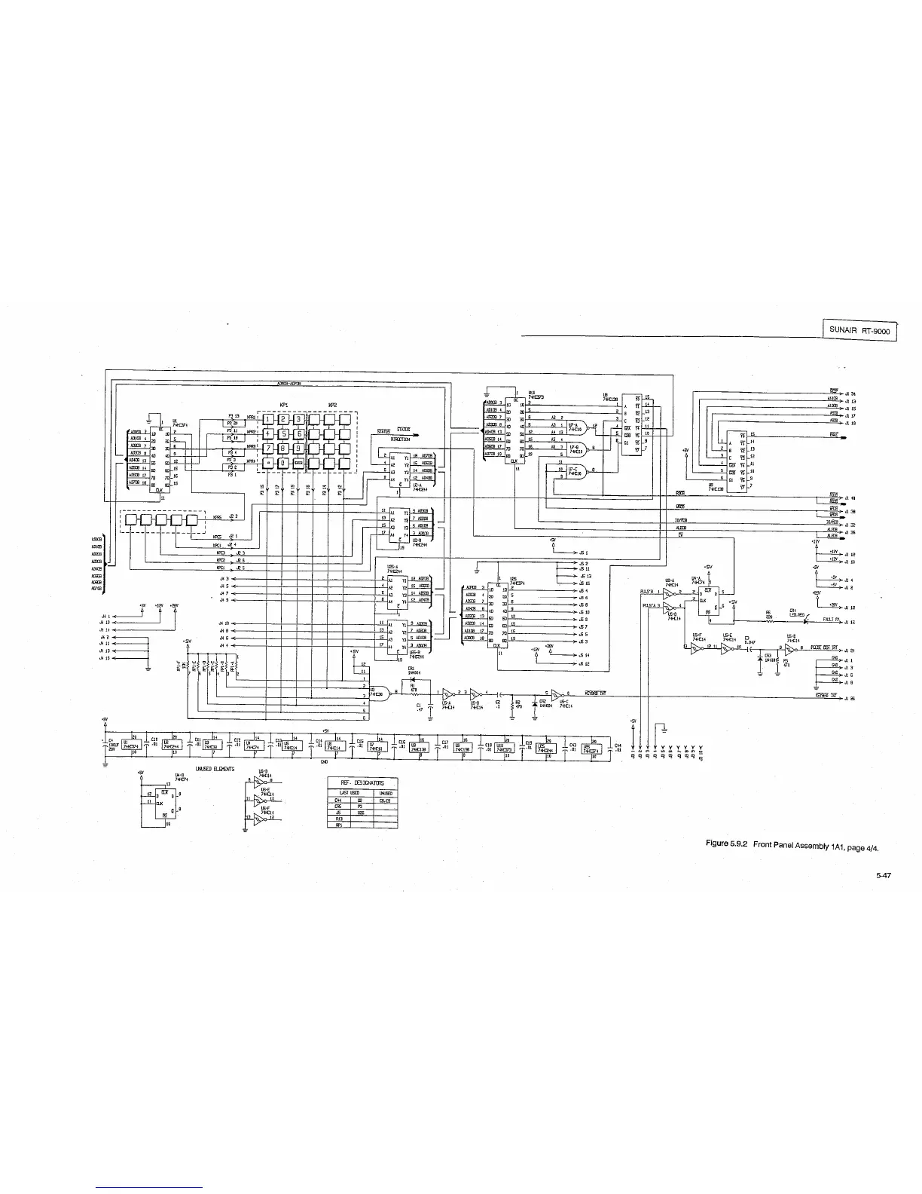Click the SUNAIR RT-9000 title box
coord(859,329)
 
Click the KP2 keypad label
coord(332,405)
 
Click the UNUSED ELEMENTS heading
coord(215,769)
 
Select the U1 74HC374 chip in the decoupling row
coord(130,746)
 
